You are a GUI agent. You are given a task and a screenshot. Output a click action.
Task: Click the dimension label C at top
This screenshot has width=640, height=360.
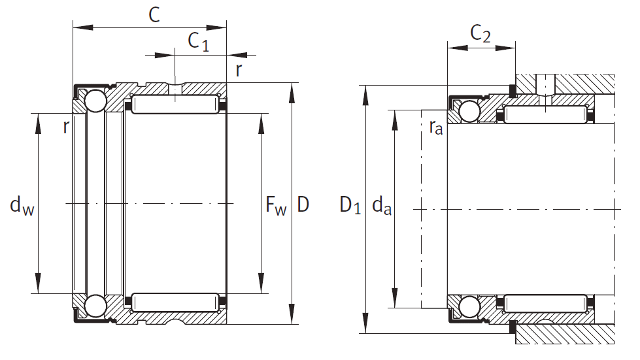click(154, 14)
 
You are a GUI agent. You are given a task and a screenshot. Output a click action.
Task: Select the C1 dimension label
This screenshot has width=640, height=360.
click(198, 41)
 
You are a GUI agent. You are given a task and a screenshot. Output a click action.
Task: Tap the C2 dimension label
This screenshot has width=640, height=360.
click(480, 35)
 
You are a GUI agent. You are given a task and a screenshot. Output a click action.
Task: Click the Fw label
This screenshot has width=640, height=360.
click(276, 206)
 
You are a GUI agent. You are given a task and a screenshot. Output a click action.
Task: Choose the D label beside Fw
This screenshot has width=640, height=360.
click(303, 205)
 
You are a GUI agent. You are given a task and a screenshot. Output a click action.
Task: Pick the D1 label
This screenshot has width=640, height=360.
click(350, 206)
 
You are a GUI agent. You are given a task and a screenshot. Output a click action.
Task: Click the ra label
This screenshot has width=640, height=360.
click(435, 127)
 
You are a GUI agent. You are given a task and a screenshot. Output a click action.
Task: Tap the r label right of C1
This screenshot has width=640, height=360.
click(239, 71)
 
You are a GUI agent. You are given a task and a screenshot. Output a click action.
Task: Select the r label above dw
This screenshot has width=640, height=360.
click(65, 127)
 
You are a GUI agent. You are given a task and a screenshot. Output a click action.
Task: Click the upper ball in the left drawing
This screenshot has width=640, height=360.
click(95, 102)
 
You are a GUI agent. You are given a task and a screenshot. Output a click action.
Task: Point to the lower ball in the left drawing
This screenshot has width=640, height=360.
click(95, 305)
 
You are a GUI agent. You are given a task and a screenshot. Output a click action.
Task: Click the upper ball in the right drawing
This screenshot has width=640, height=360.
click(469, 112)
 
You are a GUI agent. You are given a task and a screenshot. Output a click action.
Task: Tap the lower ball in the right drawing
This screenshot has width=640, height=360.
click(469, 305)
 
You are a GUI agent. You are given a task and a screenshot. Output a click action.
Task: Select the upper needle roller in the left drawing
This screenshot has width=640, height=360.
click(175, 104)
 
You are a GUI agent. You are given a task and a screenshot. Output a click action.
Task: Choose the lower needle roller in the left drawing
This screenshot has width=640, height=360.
click(175, 303)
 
